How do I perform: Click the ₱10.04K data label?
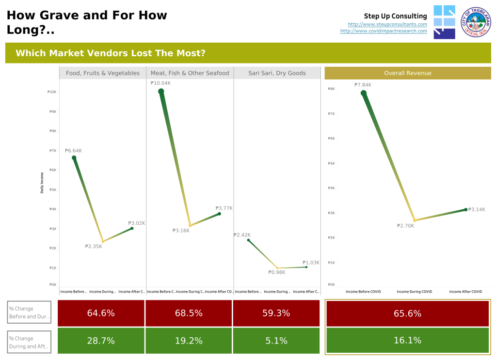[160, 83]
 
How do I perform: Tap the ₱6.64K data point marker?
[74, 158]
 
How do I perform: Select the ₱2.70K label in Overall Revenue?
[405, 226]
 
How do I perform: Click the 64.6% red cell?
[101, 313]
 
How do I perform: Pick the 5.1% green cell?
[276, 341]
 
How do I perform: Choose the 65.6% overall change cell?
[407, 313]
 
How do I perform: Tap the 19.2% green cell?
[189, 341]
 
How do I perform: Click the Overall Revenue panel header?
[407, 73]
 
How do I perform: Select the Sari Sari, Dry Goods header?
[277, 73]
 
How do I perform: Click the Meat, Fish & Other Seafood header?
[190, 73]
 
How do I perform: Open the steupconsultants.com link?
[387, 24]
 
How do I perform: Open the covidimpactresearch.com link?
[384, 31]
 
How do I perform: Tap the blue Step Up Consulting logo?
[444, 22]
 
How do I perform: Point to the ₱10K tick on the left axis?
[52, 92]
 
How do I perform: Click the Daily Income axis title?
[42, 183]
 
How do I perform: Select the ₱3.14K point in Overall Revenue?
[465, 209]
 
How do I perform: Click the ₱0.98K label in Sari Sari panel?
[277, 272]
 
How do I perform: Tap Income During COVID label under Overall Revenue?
[414, 292]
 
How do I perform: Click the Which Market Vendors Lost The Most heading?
[111, 53]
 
